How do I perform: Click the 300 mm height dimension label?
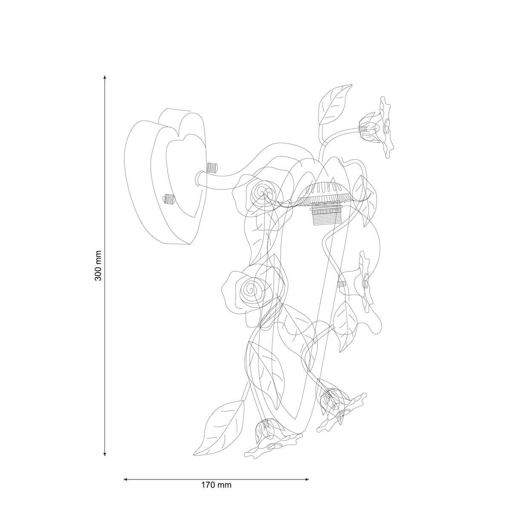[x=98, y=265]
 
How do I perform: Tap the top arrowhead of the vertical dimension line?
[x=105, y=78]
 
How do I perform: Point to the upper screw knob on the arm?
[x=212, y=167]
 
